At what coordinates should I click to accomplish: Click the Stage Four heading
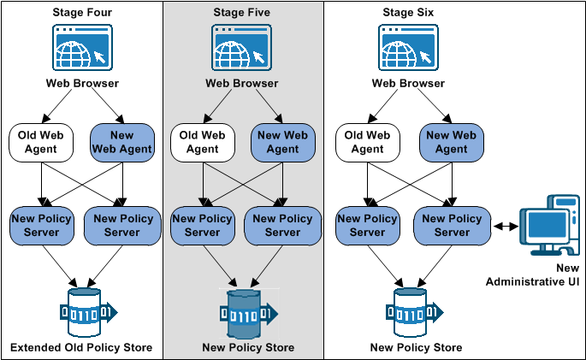[x=81, y=13]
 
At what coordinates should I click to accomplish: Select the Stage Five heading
[x=241, y=13]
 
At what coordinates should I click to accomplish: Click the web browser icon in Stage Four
[x=82, y=48]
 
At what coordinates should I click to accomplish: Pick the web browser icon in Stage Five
[x=241, y=48]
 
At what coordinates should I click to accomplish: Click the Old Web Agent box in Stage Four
[x=39, y=141]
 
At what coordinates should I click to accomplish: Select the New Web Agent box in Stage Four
[x=123, y=141]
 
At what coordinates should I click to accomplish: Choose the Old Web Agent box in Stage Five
[x=202, y=141]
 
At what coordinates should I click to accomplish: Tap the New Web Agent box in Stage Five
[x=283, y=141]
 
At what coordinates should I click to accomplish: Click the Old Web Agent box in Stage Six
[x=367, y=141]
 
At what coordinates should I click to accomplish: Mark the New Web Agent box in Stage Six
[x=450, y=141]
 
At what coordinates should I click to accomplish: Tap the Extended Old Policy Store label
[x=81, y=347]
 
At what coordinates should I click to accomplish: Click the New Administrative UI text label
[x=535, y=275]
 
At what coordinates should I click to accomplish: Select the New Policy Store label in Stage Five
[x=248, y=347]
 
